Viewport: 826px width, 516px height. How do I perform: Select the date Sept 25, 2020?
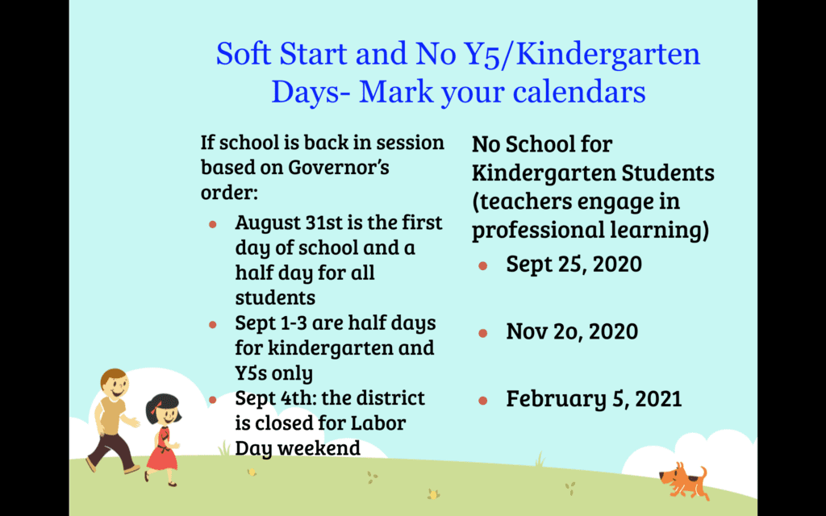pos(574,264)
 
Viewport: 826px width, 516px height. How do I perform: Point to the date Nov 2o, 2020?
pos(572,331)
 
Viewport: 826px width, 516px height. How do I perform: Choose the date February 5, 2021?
pos(594,399)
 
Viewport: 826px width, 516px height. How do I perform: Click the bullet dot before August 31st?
pos(213,224)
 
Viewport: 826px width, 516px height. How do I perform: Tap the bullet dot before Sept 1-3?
pos(213,324)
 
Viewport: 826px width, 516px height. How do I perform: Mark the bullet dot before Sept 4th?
pos(213,400)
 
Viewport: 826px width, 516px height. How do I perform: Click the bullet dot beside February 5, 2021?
pos(483,401)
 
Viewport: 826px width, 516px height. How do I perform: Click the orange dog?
pos(683,481)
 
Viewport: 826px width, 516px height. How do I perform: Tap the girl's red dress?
pos(161,450)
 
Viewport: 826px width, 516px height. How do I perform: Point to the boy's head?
pos(115,383)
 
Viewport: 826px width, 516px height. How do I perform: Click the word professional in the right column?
pos(537,231)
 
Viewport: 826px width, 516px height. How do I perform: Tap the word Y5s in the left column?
pos(252,372)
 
